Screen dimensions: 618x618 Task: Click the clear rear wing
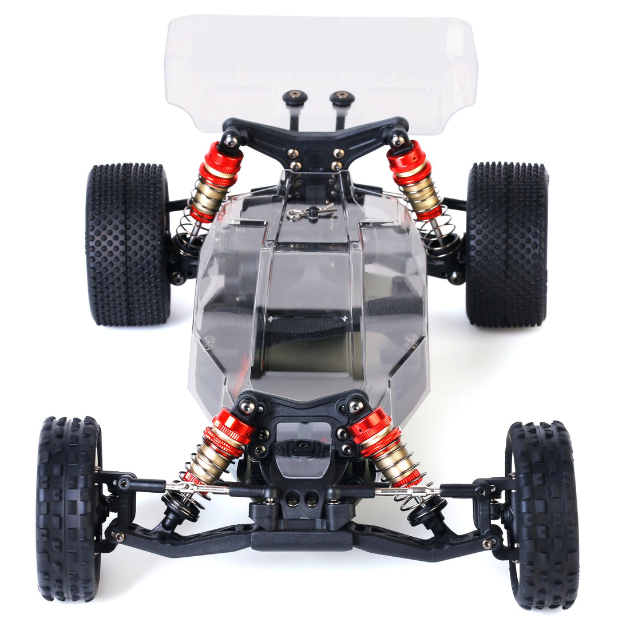[320, 57]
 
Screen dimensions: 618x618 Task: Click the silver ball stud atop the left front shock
[247, 407]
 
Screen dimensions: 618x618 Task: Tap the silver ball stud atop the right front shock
[355, 406]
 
